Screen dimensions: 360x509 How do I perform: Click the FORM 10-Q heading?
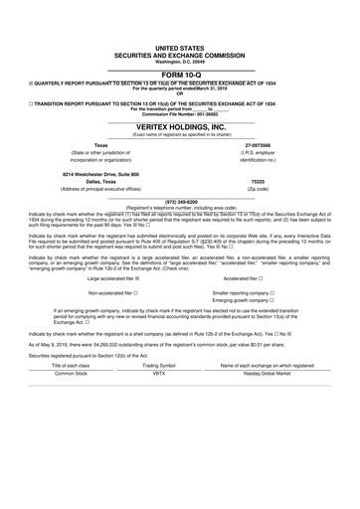(x=179, y=75)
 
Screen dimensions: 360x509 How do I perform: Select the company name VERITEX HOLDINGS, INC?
(x=179, y=126)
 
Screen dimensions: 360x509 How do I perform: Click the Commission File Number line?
(x=179, y=110)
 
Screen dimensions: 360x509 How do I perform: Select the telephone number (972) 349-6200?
(x=179, y=200)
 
